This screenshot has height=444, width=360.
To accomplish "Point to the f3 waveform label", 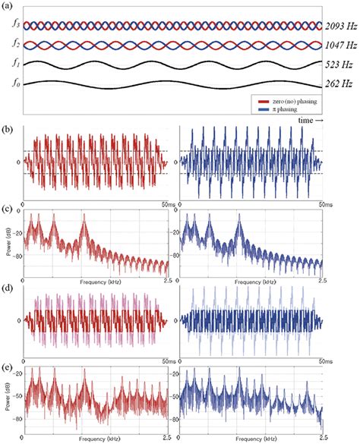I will [x=8, y=26].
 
